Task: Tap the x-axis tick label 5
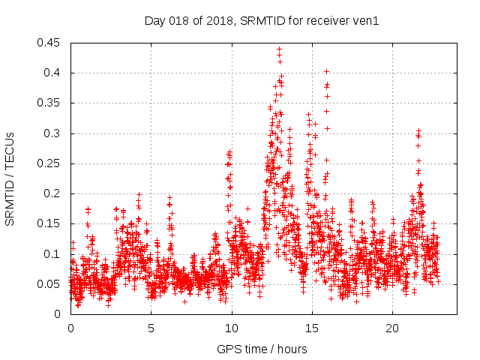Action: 151,328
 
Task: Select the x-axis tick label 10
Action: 232,328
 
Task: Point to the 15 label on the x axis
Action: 312,328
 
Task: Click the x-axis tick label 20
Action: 392,328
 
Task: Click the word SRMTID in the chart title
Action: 259,21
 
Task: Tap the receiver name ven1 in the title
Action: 367,21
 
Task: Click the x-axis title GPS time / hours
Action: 262,349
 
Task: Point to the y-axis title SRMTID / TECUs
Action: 10,178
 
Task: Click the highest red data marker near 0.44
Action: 279,49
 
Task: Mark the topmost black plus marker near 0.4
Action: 326,71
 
